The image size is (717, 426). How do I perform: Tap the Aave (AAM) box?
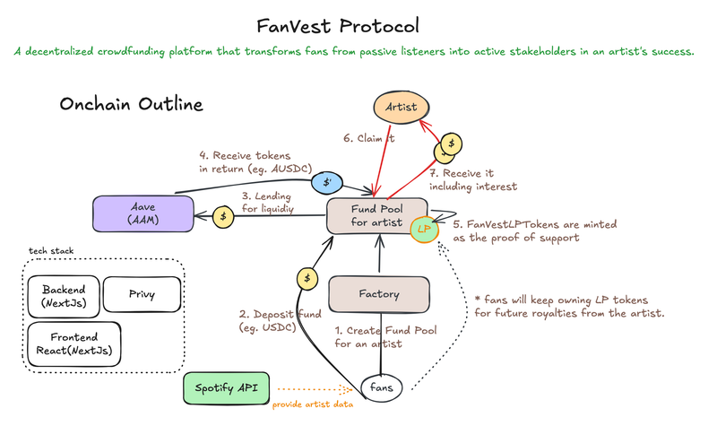(143, 213)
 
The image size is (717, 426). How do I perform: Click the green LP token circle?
(423, 230)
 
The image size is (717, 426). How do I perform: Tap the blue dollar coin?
(324, 182)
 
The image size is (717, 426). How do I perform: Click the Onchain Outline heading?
(131, 105)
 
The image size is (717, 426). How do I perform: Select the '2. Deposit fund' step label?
(279, 321)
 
